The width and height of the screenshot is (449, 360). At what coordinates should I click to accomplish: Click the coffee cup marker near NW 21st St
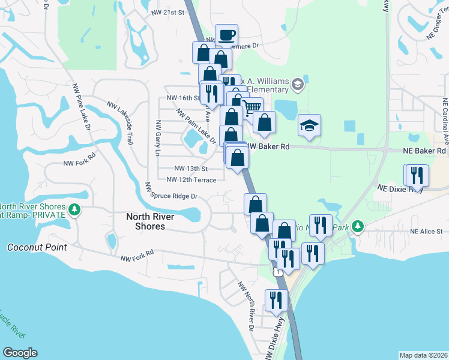coord(226,35)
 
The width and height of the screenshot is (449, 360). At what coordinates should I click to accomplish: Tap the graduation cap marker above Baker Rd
coord(310,125)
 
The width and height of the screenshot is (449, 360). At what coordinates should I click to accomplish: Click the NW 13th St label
coord(191,169)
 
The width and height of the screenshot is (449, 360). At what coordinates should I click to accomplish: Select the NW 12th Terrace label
coord(191,179)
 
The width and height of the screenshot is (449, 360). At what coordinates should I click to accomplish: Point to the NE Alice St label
coord(426,232)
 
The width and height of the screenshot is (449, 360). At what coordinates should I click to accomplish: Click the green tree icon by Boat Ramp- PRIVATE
coord(74,209)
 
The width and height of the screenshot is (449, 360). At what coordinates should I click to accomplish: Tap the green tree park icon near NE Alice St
coord(358,226)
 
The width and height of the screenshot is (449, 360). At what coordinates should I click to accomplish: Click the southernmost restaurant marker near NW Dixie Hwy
coord(276,300)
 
